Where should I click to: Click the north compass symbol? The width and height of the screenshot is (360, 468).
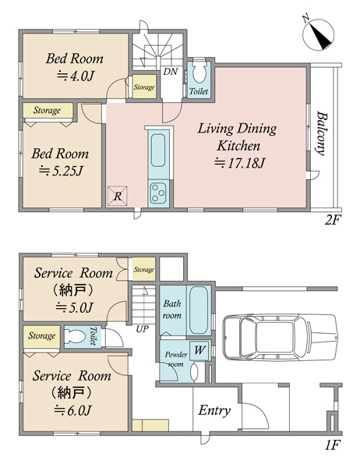(x=318, y=34)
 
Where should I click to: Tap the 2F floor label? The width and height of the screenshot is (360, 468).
(x=333, y=220)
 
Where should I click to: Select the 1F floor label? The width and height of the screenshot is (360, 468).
(x=332, y=445)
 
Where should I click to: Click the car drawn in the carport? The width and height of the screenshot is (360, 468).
(x=281, y=336)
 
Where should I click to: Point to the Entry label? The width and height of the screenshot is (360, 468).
(x=214, y=410)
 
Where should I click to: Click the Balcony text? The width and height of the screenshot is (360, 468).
(x=321, y=133)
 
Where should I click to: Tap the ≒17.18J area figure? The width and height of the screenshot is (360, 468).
(x=239, y=163)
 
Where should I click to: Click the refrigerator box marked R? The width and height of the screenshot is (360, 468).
(x=118, y=196)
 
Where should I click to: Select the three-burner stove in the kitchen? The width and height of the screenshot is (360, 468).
(x=158, y=193)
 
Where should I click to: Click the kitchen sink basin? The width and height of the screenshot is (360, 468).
(x=158, y=150)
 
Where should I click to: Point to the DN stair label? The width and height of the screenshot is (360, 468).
(x=171, y=72)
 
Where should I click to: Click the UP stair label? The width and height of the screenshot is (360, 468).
(x=142, y=329)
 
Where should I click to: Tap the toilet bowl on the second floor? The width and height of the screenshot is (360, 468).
(x=199, y=72)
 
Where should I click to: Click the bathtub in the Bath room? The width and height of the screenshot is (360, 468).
(x=199, y=310)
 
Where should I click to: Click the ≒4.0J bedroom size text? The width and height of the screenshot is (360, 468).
(x=75, y=76)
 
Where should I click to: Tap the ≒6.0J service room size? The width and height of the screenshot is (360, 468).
(x=72, y=411)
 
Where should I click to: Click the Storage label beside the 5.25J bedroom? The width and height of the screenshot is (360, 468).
(x=47, y=110)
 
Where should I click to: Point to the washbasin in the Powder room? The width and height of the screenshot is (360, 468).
(x=195, y=372)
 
